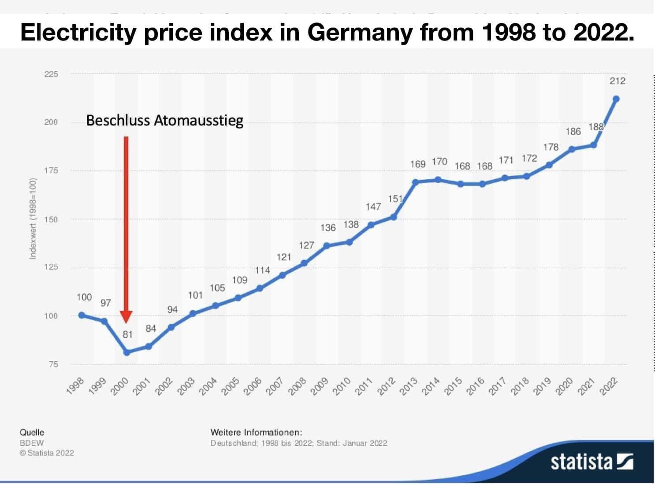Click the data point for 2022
pyautogui.click(x=616, y=99)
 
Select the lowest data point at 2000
pyautogui.click(x=127, y=352)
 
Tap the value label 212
pyautogui.click(x=618, y=81)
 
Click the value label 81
pyautogui.click(x=127, y=335)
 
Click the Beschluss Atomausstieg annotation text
pyautogui.click(x=164, y=121)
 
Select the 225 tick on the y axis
pyautogui.click(x=51, y=74)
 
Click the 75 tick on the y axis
pyautogui.click(x=53, y=364)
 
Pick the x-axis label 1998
pyautogui.click(x=75, y=387)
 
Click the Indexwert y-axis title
pyautogui.click(x=33, y=218)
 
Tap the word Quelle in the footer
pyautogui.click(x=32, y=432)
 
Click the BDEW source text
pyautogui.click(x=31, y=443)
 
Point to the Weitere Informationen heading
pyautogui.click(x=257, y=432)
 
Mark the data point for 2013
pyautogui.click(x=415, y=182)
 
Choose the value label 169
pyautogui.click(x=417, y=164)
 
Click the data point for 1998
pyautogui.click(x=82, y=315)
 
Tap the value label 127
pyautogui.click(x=306, y=245)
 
